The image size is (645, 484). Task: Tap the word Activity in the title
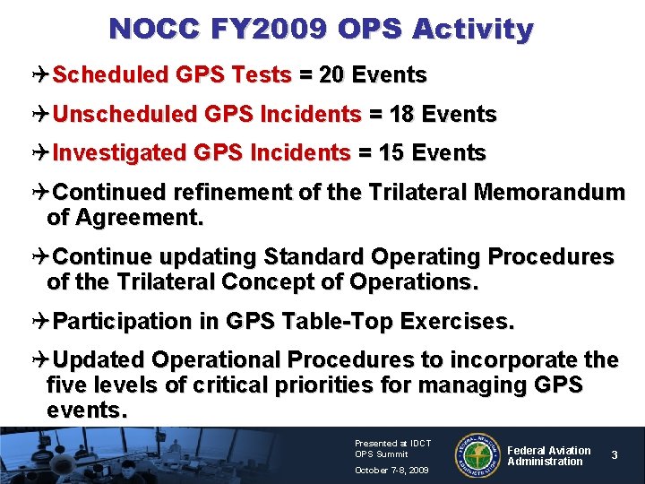(x=472, y=29)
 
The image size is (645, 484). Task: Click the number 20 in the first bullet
(x=331, y=75)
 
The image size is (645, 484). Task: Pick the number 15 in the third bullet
(x=391, y=153)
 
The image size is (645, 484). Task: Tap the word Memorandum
(x=549, y=192)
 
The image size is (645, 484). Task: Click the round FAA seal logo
(x=479, y=455)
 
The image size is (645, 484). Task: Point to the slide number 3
(x=614, y=455)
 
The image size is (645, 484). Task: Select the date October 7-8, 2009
(x=391, y=470)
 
